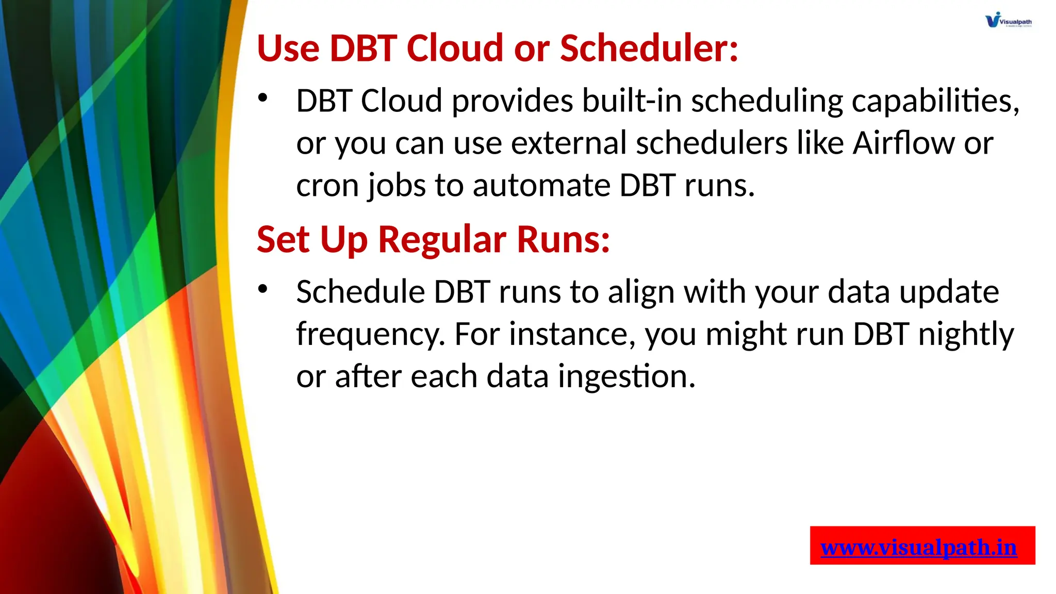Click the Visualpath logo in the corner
pyautogui.click(x=1008, y=20)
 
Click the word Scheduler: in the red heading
pyautogui.click(x=649, y=48)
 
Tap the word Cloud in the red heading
pyautogui.click(x=454, y=48)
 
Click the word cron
pyautogui.click(x=327, y=186)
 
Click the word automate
pyautogui.click(x=541, y=186)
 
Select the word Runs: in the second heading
pyautogui.click(x=564, y=240)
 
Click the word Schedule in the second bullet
pyautogui.click(x=360, y=292)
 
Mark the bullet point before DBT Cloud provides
pyautogui.click(x=263, y=97)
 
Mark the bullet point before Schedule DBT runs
pyautogui.click(x=263, y=289)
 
